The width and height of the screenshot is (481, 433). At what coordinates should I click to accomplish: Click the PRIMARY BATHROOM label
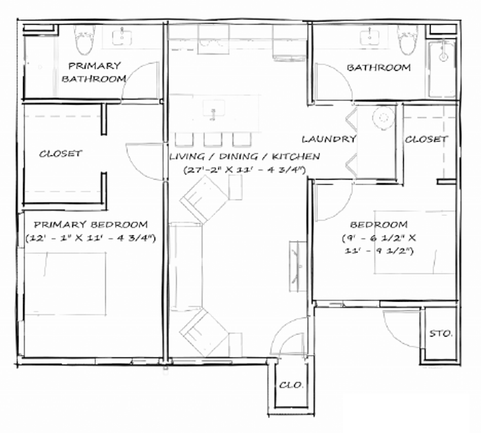pyautogui.click(x=94, y=72)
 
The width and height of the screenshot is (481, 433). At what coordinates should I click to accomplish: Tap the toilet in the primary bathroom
pyautogui.click(x=84, y=40)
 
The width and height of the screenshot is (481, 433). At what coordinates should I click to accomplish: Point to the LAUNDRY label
pyautogui.click(x=329, y=139)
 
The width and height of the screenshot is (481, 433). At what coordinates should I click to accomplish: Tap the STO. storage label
pyautogui.click(x=441, y=334)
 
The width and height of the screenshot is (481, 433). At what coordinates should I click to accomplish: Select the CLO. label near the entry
pyautogui.click(x=291, y=385)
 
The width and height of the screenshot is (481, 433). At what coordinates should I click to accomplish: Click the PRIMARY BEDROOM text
pyautogui.click(x=91, y=225)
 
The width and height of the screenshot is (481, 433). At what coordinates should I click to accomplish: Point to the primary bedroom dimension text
pyautogui.click(x=91, y=238)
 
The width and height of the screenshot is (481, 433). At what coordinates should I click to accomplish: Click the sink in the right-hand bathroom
pyautogui.click(x=369, y=37)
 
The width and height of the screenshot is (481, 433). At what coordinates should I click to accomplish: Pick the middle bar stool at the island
pyautogui.click(x=213, y=139)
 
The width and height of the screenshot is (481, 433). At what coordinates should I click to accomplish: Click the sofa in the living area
pyautogui.click(x=185, y=267)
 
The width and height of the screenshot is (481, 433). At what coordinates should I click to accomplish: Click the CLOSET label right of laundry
pyautogui.click(x=426, y=140)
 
